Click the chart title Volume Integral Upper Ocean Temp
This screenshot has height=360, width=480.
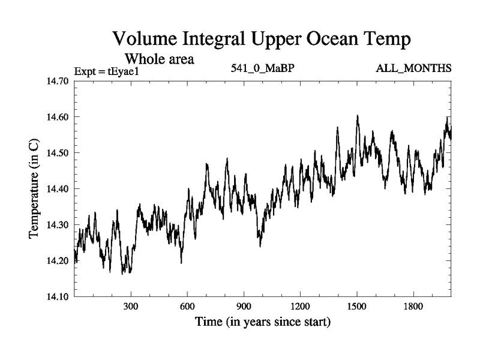point(262,40)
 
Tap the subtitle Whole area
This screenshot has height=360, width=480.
point(159,59)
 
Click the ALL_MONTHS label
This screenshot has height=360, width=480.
point(413,68)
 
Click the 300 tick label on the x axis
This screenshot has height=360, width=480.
point(131,306)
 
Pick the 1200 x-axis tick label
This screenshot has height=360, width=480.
point(300,306)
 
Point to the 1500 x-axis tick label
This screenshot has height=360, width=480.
point(357,306)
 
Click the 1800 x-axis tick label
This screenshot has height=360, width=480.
point(413,306)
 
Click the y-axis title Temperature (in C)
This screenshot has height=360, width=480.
point(34,188)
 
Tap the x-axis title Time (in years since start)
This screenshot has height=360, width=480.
point(262,322)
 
